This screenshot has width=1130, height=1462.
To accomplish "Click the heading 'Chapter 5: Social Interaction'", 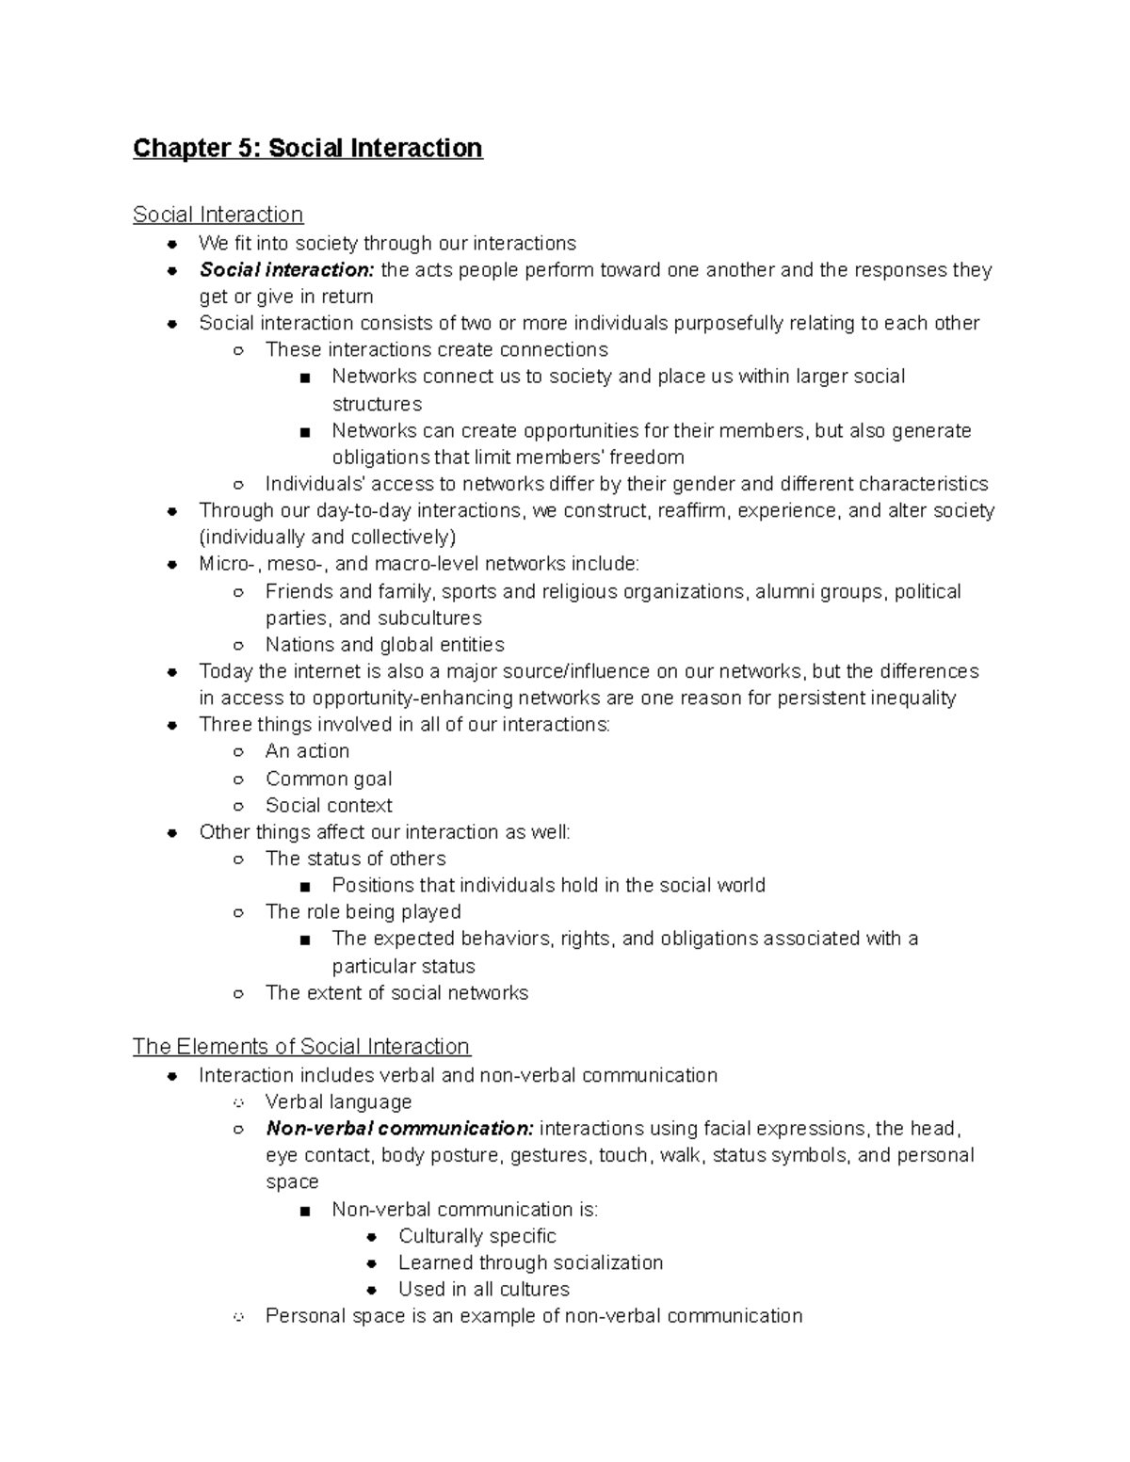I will [307, 149].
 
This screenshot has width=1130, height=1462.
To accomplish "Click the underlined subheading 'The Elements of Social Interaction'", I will [301, 1047].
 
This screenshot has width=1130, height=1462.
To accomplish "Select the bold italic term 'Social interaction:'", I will [286, 270].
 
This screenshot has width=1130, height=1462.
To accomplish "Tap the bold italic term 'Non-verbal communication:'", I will [399, 1129].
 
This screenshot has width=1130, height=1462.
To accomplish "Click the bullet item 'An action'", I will [307, 751].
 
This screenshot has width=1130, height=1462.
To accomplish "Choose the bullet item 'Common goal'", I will [329, 779].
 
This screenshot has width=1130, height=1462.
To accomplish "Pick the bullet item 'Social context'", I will [329, 806].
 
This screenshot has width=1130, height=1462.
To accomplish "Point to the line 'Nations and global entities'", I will [384, 645].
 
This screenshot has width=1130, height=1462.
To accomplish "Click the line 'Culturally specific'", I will [476, 1236].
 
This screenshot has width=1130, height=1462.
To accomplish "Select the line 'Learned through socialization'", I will [530, 1262].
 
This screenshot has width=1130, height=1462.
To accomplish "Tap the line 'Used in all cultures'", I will [483, 1290].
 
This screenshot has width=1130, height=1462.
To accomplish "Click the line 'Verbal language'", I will [338, 1102].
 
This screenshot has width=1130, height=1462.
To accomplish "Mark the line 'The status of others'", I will [355, 859].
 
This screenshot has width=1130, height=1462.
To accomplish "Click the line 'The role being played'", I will [363, 912].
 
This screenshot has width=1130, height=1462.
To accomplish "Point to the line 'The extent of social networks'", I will [396, 993].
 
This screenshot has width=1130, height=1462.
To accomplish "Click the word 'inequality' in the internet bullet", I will [912, 699].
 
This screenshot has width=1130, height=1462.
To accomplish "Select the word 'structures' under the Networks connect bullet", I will [377, 405].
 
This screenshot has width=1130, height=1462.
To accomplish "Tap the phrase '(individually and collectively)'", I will [327, 538].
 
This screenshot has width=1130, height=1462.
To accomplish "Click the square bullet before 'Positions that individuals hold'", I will [304, 887].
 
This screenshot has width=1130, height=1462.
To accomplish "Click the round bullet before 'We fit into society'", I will [171, 244].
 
